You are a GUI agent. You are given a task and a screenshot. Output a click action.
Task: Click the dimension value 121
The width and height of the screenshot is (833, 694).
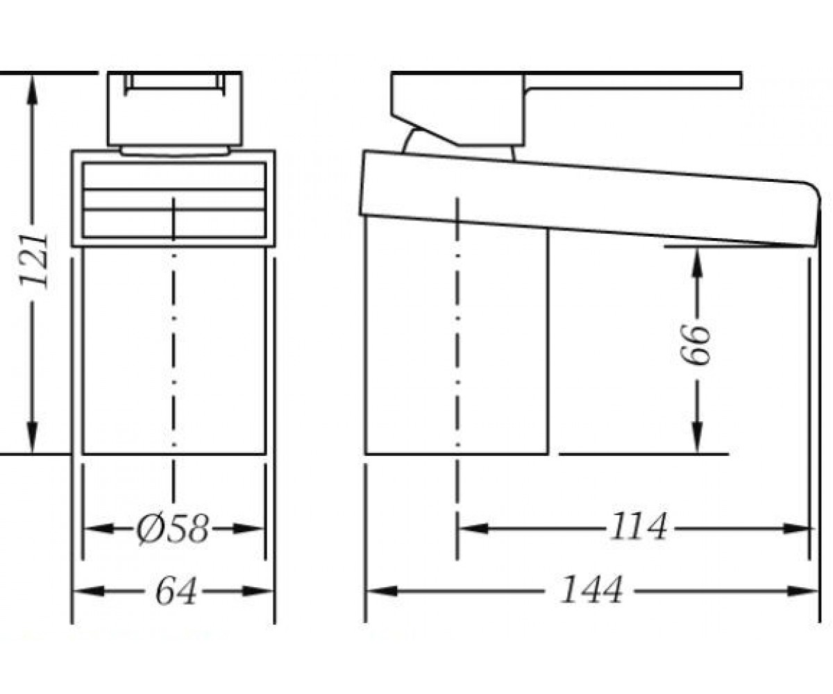34,261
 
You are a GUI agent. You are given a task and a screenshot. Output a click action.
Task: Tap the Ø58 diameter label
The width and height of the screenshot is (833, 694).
172,530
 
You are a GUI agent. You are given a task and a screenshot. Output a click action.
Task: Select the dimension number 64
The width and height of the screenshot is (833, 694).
176,591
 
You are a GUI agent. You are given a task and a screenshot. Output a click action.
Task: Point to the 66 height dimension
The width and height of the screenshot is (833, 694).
696,344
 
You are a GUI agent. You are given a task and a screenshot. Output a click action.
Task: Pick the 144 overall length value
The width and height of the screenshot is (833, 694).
591,589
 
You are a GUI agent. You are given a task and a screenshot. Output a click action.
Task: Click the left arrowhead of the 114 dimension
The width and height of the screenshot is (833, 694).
474,529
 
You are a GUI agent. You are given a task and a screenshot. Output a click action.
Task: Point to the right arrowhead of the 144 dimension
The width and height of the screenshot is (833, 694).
802,591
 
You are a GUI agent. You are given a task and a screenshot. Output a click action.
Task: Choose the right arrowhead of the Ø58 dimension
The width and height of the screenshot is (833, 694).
248,529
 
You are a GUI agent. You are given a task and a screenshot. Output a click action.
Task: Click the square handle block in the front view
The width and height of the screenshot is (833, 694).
175,108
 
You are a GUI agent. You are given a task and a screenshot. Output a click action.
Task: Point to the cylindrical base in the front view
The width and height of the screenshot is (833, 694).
174,350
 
